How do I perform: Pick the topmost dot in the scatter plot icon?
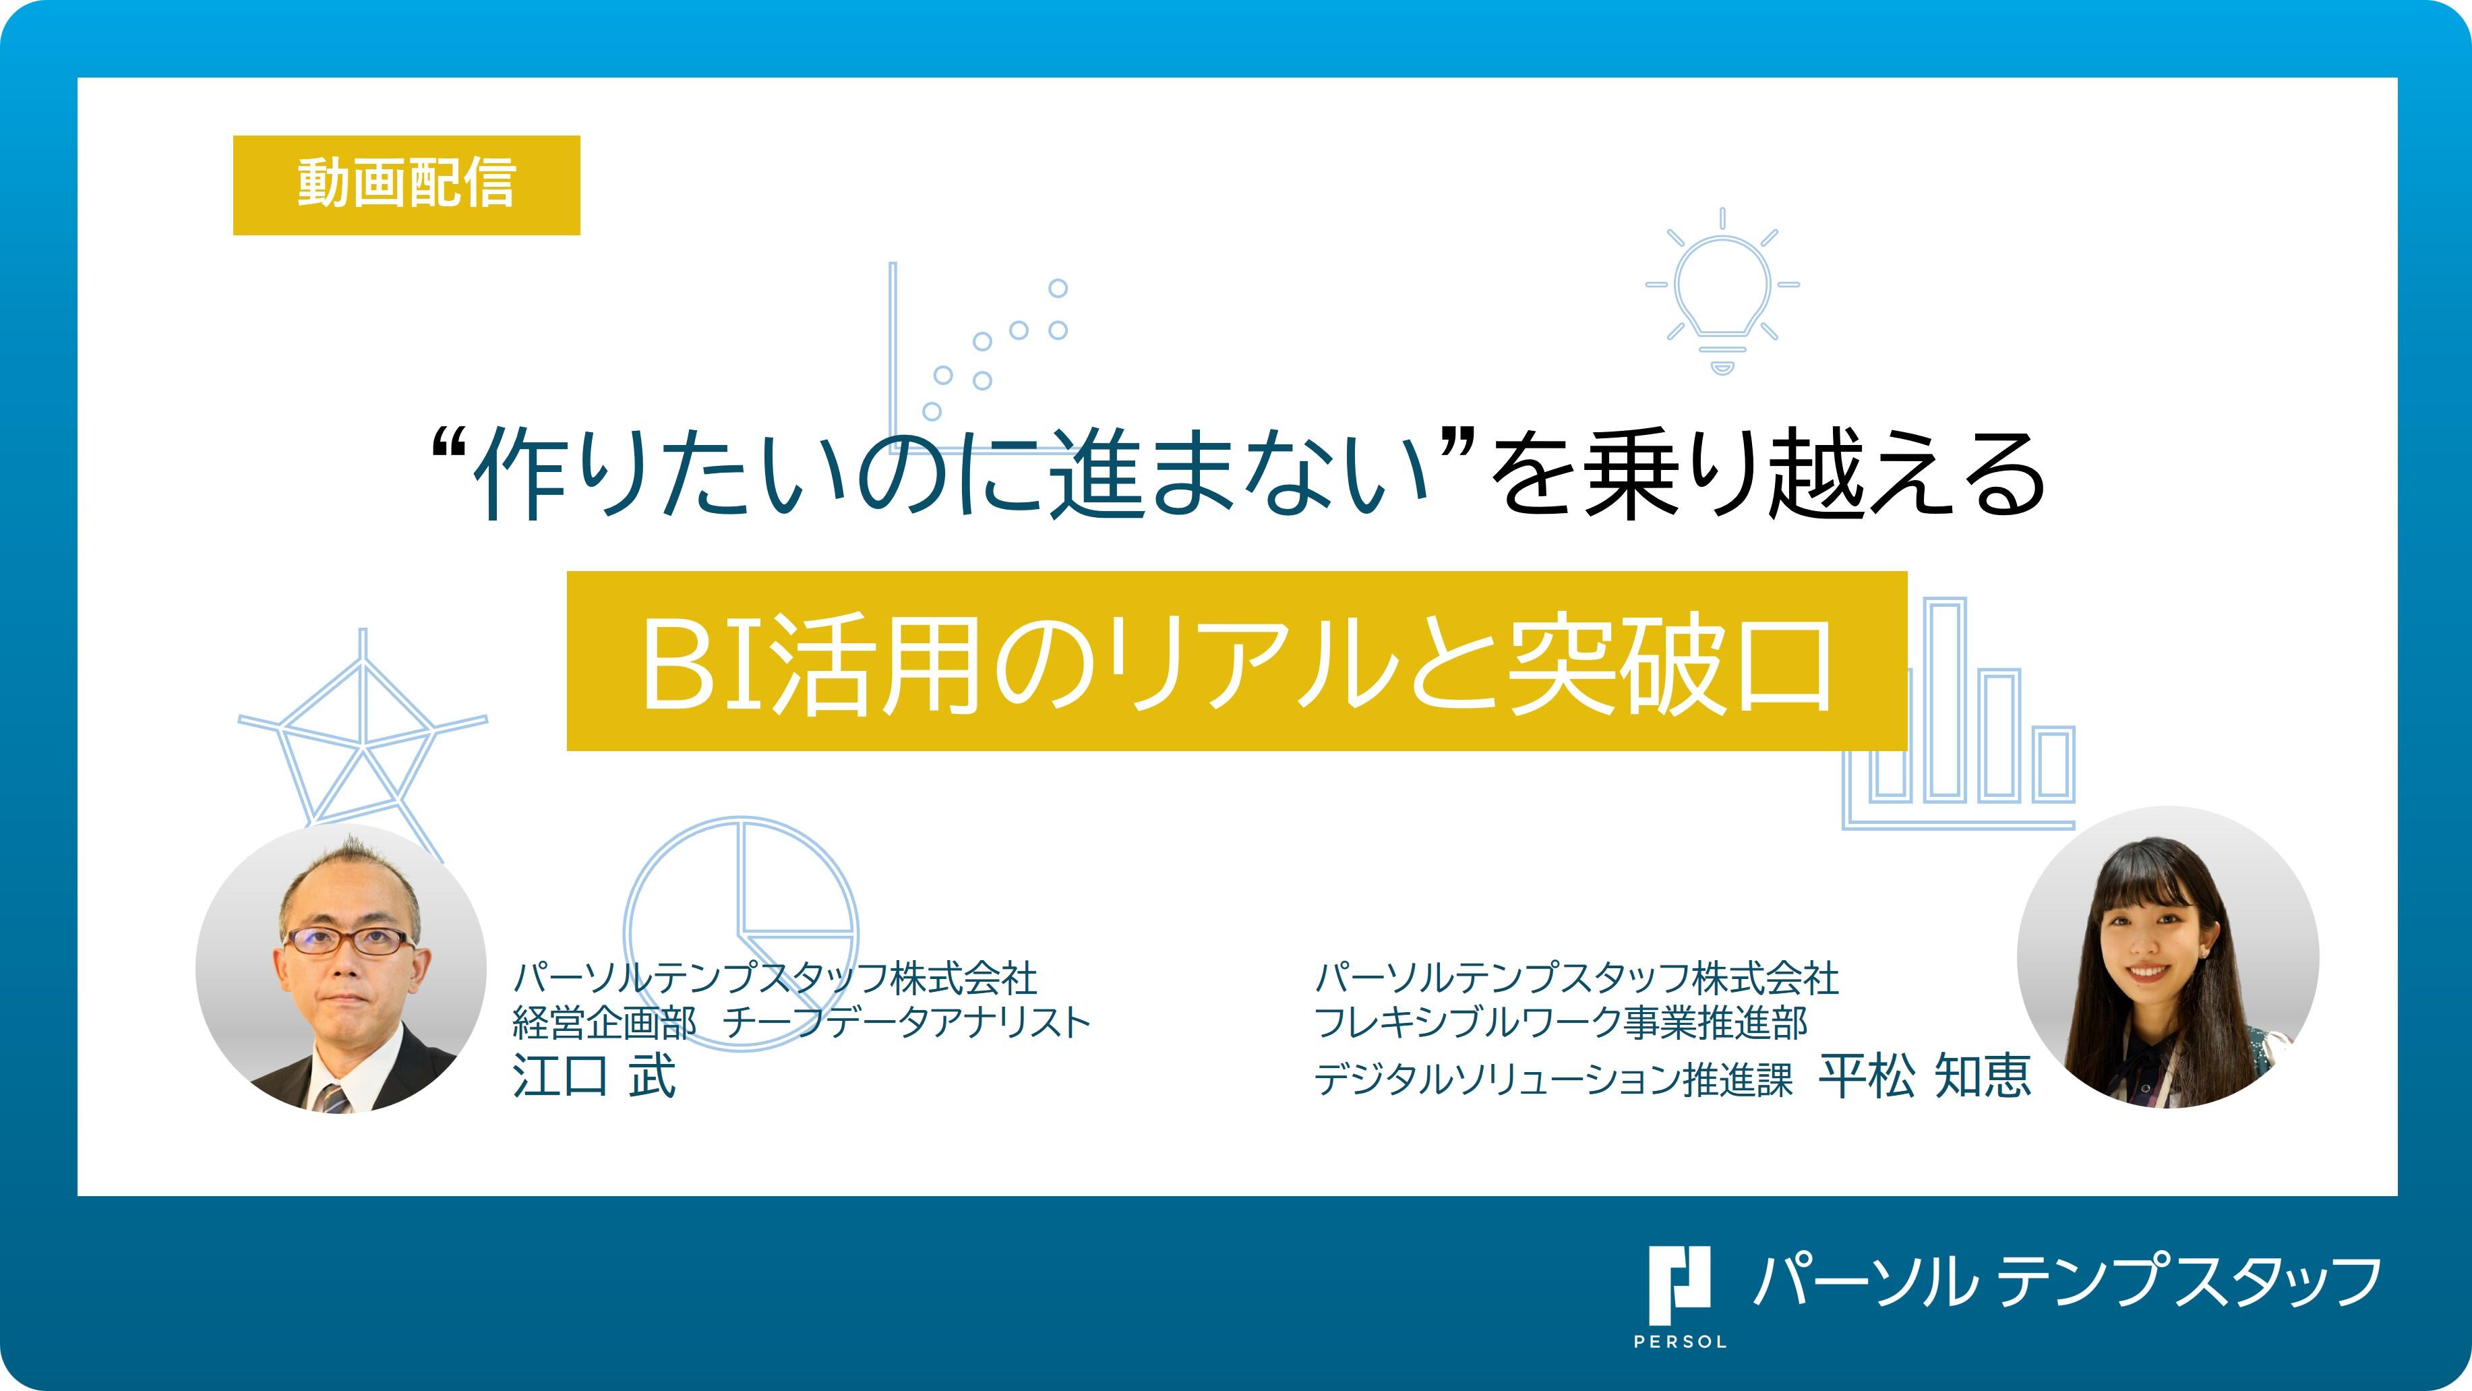coord(1058,288)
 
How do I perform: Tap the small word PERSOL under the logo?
coord(1679,1342)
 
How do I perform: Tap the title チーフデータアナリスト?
coord(907,1022)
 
